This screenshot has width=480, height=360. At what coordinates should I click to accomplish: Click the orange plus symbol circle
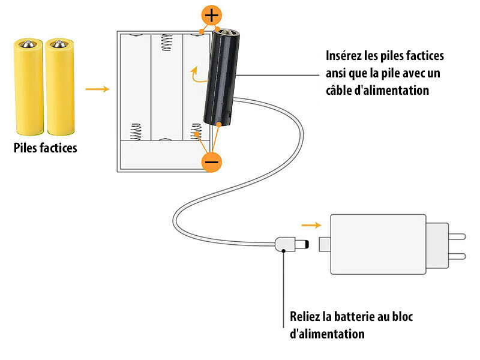point(211,15)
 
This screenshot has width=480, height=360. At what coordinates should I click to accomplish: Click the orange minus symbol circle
point(211,161)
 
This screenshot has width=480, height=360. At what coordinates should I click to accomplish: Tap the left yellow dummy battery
point(28,86)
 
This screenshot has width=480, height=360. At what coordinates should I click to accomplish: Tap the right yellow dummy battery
point(59,86)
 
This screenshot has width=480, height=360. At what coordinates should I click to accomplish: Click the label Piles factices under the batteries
point(46,148)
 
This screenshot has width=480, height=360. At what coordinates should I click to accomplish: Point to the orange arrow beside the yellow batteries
point(97,89)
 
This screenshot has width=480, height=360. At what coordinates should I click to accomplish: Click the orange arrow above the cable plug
point(311,226)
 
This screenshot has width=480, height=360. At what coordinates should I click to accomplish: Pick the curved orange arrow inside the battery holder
point(197,76)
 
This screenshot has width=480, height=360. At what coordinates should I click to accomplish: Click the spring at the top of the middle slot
point(166,42)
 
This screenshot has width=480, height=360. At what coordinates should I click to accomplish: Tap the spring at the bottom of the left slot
point(136,131)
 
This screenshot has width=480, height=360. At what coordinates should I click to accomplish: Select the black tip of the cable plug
point(307,244)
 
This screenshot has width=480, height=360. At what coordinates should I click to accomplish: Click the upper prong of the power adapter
point(457,236)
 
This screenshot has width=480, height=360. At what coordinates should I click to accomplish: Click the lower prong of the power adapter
point(457,256)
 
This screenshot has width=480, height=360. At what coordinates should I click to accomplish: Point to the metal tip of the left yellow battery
point(28,44)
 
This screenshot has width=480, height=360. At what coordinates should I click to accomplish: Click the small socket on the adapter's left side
point(325,244)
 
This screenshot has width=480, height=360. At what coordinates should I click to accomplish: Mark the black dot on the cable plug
point(284,251)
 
